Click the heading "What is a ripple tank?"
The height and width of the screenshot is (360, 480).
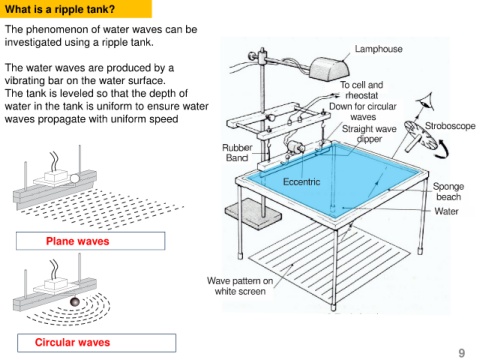pos(60,9)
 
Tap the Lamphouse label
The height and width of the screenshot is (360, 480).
pos(378,49)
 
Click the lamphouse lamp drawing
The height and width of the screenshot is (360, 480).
pos(329,68)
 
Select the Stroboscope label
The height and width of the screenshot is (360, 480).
pos(450,126)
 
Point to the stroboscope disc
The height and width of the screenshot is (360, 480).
pos(421,134)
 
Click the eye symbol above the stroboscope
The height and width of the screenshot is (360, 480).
pos(426,103)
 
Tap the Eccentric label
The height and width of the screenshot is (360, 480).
pos(301,182)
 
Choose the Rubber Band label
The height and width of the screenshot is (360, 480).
pos(237,153)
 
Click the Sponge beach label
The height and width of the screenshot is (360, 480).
pos(448,191)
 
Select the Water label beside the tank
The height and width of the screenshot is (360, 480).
pos(446,211)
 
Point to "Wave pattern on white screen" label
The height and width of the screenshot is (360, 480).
pos(240,286)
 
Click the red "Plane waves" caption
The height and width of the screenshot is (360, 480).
pos(78,241)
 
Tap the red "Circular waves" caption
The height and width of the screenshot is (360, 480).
pos(72,342)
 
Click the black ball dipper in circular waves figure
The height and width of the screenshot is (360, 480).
pos(75,302)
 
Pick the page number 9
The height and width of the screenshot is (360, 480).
pos(462,353)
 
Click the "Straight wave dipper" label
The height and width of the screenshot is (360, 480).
pos(369,134)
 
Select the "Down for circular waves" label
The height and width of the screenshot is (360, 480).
pos(363,112)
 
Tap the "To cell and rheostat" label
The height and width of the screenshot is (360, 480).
pos(362,90)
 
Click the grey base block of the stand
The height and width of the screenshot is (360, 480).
pos(253,213)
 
